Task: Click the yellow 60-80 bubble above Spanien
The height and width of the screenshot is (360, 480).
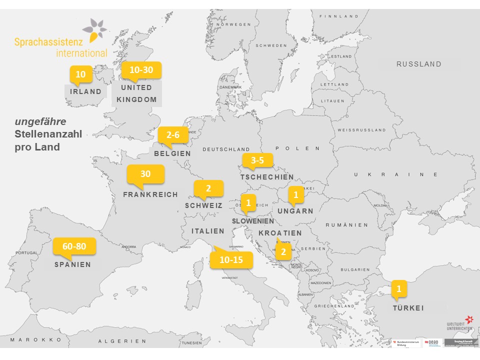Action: pyautogui.click(x=74, y=246)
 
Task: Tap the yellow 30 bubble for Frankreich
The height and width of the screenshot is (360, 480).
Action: pyautogui.click(x=145, y=174)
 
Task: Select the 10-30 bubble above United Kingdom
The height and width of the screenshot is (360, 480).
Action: pyautogui.click(x=141, y=70)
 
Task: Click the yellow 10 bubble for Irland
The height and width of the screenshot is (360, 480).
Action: pyautogui.click(x=80, y=74)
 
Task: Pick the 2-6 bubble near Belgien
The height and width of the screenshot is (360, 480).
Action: pyautogui.click(x=172, y=135)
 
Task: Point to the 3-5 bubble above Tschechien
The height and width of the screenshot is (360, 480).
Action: pyautogui.click(x=257, y=160)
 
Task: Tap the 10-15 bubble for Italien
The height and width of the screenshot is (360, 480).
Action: pyautogui.click(x=230, y=260)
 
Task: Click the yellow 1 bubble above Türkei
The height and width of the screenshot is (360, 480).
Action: pyautogui.click(x=398, y=288)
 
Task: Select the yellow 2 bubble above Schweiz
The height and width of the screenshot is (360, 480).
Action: pyautogui.click(x=208, y=188)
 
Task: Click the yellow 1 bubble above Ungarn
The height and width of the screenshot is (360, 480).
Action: pyautogui.click(x=295, y=194)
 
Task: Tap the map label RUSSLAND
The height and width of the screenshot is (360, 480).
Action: pyautogui.click(x=419, y=64)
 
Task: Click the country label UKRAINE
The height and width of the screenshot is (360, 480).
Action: pyautogui.click(x=396, y=174)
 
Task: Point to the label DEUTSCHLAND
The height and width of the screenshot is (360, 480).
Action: pyautogui.click(x=226, y=149)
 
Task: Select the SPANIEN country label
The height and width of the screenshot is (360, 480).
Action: pyautogui.click(x=73, y=264)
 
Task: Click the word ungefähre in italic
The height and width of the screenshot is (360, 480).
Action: pyautogui.click(x=40, y=121)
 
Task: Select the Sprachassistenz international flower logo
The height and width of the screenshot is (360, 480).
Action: pyautogui.click(x=94, y=30)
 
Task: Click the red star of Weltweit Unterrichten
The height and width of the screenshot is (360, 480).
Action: pyautogui.click(x=468, y=319)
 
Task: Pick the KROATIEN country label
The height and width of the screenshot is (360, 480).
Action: pyautogui.click(x=280, y=233)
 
